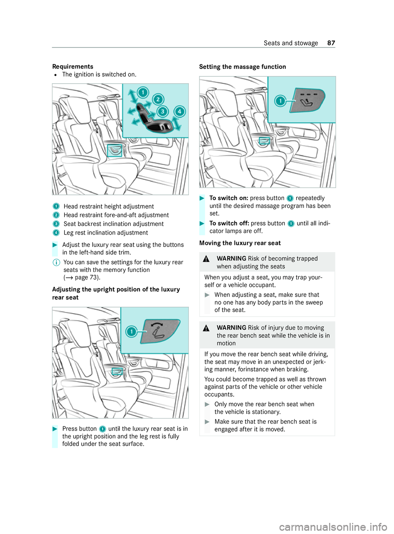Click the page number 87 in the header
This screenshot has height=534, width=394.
click(x=331, y=43)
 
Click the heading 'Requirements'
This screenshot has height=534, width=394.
click(x=73, y=66)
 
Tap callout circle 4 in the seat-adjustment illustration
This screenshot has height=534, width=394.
click(x=179, y=111)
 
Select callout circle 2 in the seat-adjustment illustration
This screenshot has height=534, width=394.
click(x=158, y=99)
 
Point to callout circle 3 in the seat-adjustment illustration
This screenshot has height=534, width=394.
click(x=163, y=111)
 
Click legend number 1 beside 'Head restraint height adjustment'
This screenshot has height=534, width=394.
click(x=56, y=206)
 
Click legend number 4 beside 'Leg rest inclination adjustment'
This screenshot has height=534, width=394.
click(x=56, y=233)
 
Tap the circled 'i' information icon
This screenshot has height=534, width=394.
click(x=56, y=262)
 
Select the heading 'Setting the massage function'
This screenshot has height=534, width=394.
click(x=243, y=66)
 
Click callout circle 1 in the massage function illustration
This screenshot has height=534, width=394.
click(x=280, y=100)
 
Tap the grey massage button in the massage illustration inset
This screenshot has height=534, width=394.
click(x=307, y=100)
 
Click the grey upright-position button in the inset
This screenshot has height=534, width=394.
click(x=160, y=331)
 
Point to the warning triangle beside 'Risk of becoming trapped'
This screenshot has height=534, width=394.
click(x=206, y=259)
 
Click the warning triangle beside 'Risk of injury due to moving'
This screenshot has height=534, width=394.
click(x=206, y=328)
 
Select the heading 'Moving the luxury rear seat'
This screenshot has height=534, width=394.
click(x=240, y=243)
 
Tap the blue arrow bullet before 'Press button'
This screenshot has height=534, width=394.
click(x=55, y=429)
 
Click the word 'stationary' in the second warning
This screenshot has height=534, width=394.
click(x=266, y=412)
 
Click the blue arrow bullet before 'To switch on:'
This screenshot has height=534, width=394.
click(x=202, y=198)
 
